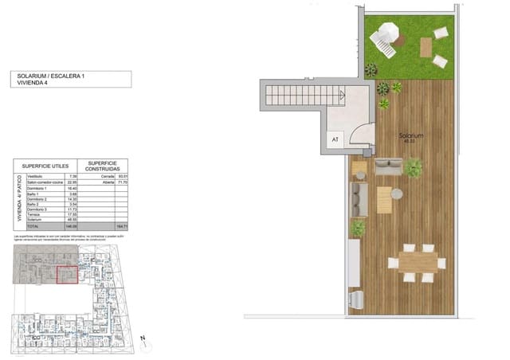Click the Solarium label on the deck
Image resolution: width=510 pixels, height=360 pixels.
(411, 136)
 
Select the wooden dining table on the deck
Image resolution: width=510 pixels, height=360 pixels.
(413, 260)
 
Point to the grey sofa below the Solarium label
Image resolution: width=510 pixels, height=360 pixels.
(390, 166)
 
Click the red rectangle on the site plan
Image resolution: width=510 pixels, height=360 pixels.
(69, 272)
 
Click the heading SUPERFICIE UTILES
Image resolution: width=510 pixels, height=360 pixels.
(43, 166)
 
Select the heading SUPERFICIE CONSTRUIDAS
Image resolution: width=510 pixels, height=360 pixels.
(104, 166)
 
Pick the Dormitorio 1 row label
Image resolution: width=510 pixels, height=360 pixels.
(34, 187)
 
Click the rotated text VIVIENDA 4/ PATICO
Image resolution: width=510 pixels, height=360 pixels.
(18, 199)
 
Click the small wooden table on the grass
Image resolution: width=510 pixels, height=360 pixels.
(426, 49)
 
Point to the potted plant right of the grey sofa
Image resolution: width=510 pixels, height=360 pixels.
(414, 167)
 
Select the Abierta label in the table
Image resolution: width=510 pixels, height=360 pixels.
(87, 182)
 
